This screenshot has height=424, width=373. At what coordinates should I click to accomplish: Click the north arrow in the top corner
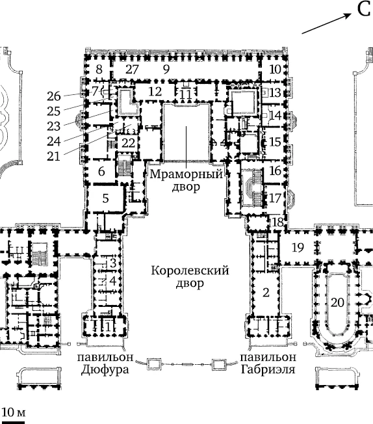(326, 23)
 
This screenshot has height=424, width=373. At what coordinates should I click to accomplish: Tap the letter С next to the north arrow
(364, 9)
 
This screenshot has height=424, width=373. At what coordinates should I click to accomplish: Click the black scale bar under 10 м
(12, 422)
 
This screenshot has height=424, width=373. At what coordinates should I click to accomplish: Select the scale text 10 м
(14, 412)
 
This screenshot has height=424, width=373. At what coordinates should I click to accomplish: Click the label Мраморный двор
(186, 180)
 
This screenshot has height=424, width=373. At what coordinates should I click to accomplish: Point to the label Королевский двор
(190, 277)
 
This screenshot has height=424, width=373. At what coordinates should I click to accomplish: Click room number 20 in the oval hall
(337, 302)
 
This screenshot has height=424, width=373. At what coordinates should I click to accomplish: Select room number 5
(106, 198)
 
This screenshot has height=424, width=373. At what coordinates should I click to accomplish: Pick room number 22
(128, 143)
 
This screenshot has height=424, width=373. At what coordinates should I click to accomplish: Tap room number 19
(298, 247)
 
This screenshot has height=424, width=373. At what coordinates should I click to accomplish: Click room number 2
(266, 292)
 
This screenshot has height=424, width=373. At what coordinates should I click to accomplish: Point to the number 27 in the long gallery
(132, 70)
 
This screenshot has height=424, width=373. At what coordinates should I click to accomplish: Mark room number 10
(275, 70)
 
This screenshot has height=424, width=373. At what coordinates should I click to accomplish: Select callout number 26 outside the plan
(53, 96)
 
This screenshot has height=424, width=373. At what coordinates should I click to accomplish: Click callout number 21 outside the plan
(53, 156)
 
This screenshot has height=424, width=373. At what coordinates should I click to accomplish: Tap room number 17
(275, 198)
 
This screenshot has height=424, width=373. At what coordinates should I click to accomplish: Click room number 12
(155, 92)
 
